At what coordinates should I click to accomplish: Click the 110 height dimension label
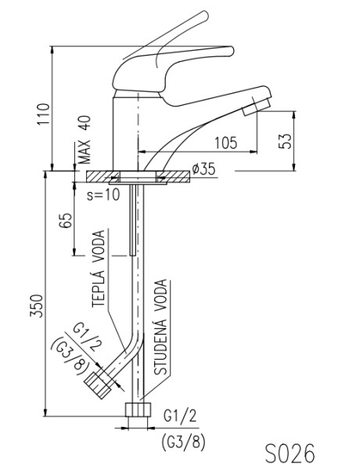(43, 114)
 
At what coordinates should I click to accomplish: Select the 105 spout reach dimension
(226, 143)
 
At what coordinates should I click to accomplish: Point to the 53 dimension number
(286, 141)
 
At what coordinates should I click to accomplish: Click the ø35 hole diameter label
(203, 169)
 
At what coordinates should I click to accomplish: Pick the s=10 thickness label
(103, 194)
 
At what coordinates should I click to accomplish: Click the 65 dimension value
(66, 221)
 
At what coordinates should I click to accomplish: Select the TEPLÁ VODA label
(99, 268)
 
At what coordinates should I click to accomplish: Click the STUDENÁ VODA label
(160, 327)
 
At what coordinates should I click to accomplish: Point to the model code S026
(289, 454)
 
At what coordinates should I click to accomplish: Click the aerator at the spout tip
(257, 106)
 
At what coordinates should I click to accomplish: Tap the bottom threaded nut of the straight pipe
(138, 410)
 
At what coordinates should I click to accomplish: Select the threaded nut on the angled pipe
(98, 385)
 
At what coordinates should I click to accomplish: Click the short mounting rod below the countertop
(133, 220)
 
